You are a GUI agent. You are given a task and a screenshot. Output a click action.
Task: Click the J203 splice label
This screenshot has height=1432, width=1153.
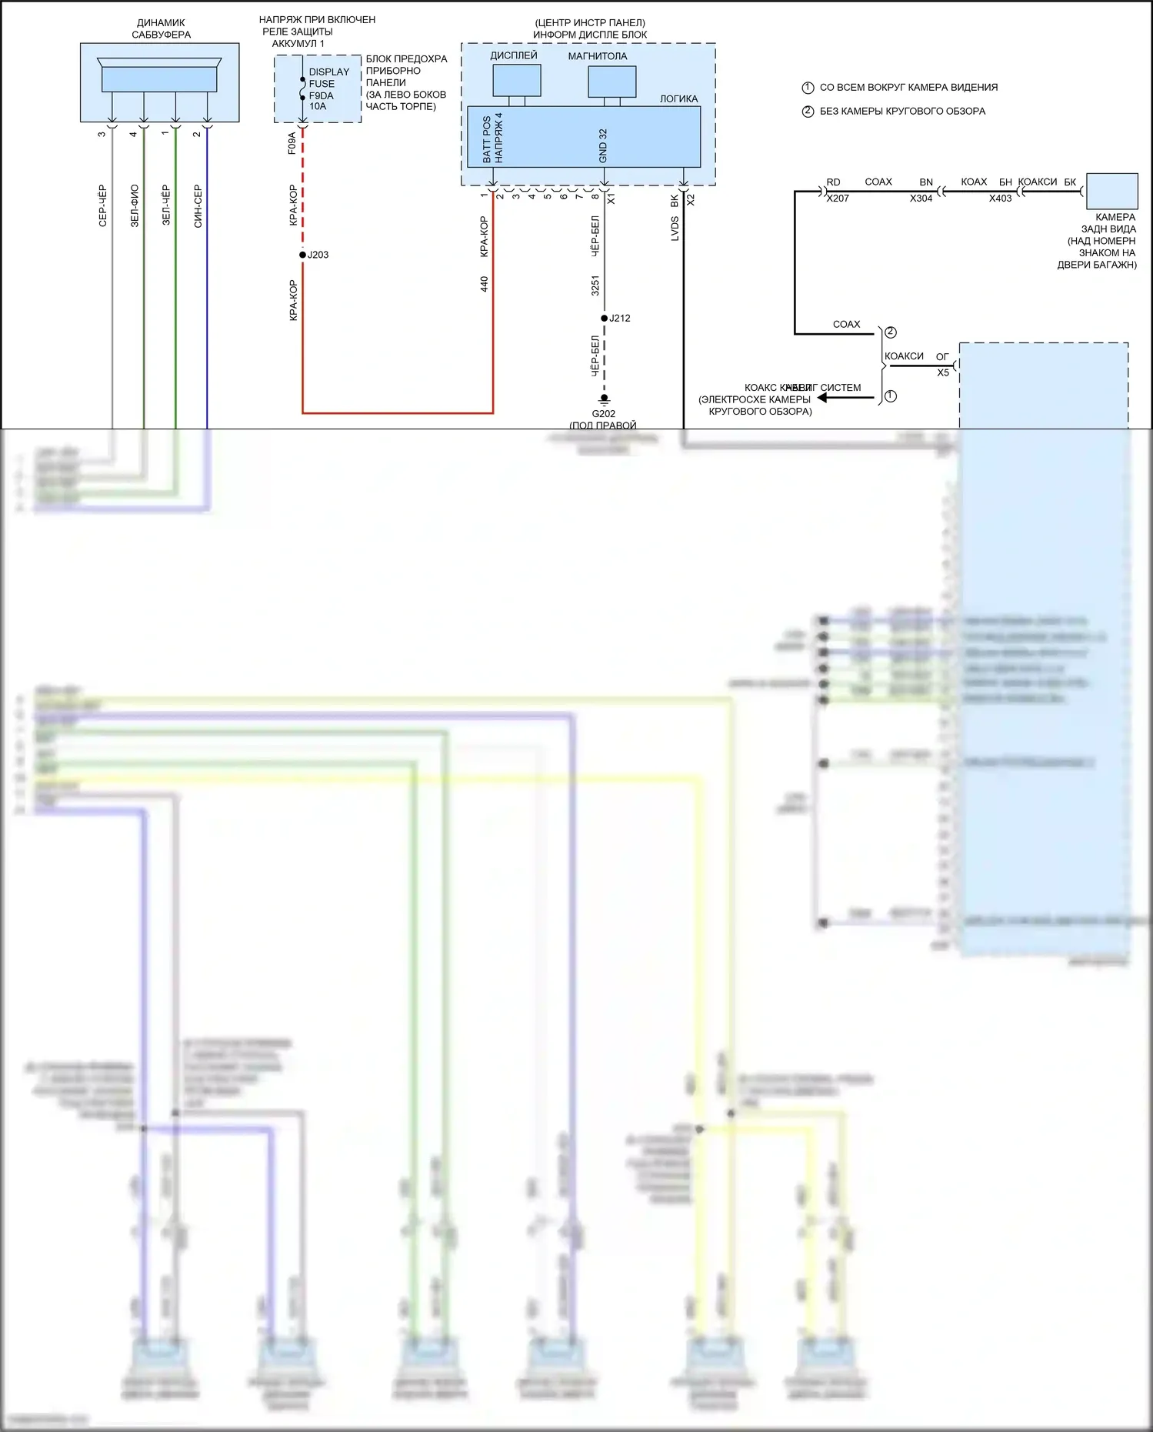point(318,255)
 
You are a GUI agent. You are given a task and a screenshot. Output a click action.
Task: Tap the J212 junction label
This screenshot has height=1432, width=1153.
point(619,318)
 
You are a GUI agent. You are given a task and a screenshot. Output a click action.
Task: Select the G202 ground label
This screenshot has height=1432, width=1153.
point(603,413)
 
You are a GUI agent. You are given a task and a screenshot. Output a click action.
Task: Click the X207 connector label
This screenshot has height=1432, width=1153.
point(837,199)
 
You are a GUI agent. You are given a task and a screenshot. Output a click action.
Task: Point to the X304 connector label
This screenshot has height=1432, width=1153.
point(921,199)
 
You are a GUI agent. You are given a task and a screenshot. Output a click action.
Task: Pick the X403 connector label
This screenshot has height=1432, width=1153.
point(1000,199)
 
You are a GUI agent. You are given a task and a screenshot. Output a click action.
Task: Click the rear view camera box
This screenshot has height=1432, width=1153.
point(1111,191)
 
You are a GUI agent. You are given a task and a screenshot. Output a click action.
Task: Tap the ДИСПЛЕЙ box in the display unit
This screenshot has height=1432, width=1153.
point(516,80)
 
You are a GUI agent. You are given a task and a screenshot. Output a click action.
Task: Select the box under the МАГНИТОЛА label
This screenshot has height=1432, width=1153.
point(611,82)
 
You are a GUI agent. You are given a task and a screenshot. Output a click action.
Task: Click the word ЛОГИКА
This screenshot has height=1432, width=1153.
point(678,98)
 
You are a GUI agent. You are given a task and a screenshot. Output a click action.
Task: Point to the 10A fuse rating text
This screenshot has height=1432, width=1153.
point(318,107)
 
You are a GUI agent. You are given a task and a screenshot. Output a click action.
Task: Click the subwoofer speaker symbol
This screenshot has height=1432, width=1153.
point(159,76)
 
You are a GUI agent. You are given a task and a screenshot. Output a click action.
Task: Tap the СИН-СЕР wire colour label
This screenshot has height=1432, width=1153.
point(198,206)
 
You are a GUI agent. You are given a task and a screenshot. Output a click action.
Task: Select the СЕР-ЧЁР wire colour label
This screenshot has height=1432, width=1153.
point(102,206)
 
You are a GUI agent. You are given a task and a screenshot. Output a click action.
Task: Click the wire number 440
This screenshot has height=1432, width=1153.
point(484,284)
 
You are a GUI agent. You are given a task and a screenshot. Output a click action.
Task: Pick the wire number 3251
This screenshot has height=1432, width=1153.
point(595,285)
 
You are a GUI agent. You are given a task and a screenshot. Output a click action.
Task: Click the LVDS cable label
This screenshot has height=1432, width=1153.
point(675,229)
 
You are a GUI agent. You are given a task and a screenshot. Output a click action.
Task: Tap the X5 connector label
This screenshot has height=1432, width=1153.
point(943,372)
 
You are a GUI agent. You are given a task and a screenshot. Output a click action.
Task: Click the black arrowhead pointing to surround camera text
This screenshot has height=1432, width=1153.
point(822,398)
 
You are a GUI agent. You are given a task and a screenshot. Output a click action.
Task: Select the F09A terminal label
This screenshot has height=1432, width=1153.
point(292,143)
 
